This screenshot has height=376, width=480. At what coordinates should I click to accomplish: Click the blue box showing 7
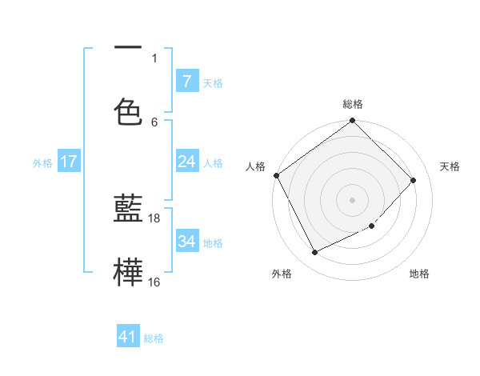[x=186, y=82]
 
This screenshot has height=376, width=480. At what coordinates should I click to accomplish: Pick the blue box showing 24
[x=186, y=162]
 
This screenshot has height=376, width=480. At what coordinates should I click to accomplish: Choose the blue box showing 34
[x=186, y=242]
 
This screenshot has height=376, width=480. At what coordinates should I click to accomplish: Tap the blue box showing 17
[x=69, y=162]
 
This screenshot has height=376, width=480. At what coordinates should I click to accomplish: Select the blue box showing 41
[x=128, y=337]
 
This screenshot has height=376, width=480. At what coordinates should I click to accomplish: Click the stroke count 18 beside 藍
[x=154, y=218]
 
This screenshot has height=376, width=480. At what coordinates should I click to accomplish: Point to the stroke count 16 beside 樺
[x=154, y=282]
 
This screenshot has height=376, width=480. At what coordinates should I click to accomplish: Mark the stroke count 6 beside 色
[x=154, y=122]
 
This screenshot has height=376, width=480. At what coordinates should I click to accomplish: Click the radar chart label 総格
[x=353, y=104]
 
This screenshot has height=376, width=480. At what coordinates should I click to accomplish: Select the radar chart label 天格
[x=450, y=166]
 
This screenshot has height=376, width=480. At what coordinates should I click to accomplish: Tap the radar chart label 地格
[x=419, y=274]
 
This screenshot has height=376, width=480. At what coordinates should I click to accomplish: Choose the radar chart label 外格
[x=282, y=274]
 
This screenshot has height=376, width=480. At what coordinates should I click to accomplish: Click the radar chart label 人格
[x=255, y=166]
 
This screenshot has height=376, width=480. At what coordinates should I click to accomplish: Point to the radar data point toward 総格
[x=353, y=122]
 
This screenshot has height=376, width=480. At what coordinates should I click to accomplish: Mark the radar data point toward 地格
[x=372, y=226]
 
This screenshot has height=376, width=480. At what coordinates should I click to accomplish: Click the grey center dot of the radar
[x=353, y=200]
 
